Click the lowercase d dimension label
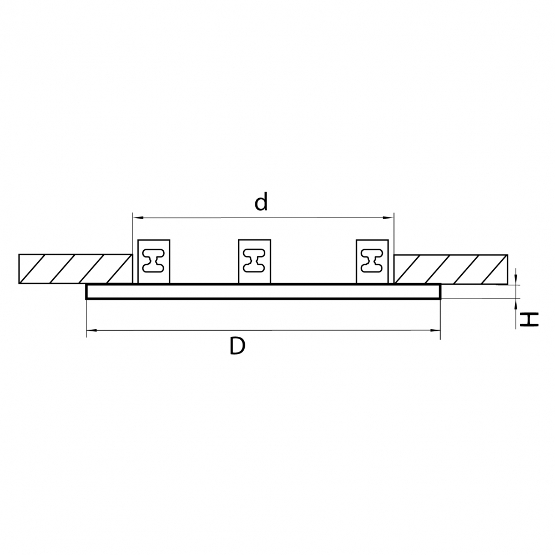(x=261, y=203)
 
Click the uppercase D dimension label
(x=237, y=346)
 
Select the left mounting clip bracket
(x=154, y=261)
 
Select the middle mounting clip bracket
(x=255, y=261)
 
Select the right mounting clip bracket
(x=372, y=261)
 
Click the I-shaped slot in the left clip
(x=154, y=260)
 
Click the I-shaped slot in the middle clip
(x=255, y=260)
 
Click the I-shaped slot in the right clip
(x=372, y=260)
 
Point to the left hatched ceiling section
(x=75, y=269)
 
